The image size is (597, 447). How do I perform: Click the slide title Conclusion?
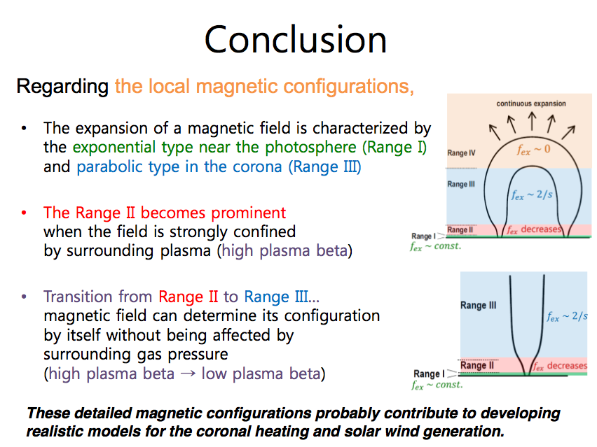296,40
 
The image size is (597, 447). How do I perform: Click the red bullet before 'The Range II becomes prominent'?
24,213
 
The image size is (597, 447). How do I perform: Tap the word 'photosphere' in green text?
310,148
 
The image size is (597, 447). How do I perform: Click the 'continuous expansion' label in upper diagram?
530,104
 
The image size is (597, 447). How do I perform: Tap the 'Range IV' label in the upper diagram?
461,152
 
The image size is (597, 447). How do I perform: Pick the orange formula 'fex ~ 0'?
533,150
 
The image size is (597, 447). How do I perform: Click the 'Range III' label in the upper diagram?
460,184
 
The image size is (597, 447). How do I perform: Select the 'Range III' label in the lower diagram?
478,305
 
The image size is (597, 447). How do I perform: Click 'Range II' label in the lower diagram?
477,365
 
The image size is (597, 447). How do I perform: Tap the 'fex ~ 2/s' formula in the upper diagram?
532,195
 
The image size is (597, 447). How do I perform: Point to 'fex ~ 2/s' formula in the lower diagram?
568,316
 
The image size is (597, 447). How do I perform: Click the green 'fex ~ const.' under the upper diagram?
436,246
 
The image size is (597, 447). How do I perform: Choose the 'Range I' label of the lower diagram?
429,374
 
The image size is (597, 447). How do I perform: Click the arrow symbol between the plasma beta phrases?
188,374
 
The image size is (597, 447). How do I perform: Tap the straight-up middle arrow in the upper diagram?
533,121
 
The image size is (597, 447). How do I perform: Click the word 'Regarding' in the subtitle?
62,87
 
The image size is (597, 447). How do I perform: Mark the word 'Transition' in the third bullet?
78,297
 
